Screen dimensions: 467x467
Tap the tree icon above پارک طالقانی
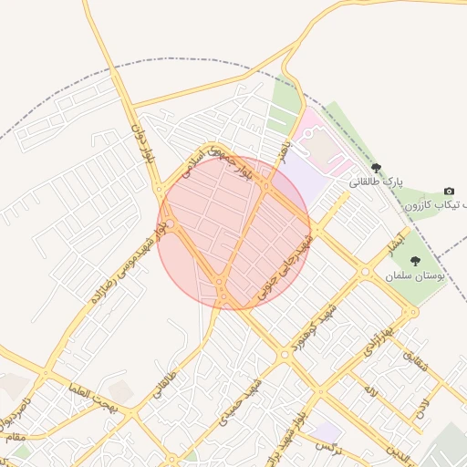[377, 167]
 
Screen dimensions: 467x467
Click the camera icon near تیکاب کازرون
[449, 191]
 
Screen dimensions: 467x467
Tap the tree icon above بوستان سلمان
[415, 261]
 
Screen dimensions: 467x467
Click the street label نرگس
[325, 446]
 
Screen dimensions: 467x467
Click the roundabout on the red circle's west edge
[169, 224]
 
